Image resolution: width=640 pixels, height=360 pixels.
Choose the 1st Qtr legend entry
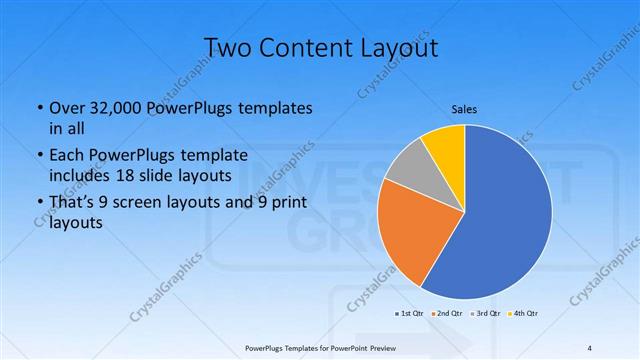point(412,314)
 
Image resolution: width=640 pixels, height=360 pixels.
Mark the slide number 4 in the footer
point(590,347)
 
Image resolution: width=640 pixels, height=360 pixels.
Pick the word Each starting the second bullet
point(67,155)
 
